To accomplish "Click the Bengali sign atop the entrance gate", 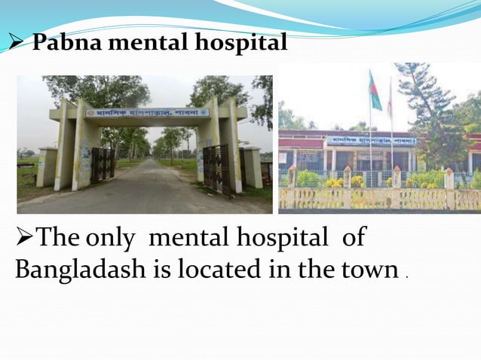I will (147, 113).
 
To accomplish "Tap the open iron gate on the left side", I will (101, 163).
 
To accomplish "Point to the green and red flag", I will (375, 90).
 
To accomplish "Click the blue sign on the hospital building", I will (372, 140).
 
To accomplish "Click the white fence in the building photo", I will (377, 198).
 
